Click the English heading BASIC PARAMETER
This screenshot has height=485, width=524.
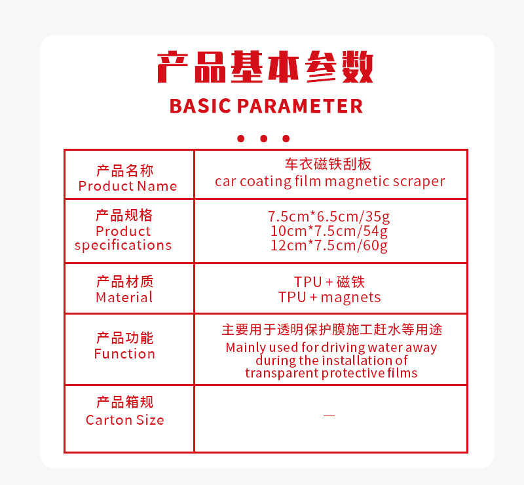click(266, 106)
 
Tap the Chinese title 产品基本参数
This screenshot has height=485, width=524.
click(265, 67)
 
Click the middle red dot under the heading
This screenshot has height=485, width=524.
click(264, 138)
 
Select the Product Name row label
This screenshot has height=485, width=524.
click(127, 186)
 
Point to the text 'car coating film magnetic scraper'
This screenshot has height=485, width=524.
click(330, 182)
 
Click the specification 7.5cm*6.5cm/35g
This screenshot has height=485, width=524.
click(329, 217)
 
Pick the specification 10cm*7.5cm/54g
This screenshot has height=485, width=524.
click(329, 231)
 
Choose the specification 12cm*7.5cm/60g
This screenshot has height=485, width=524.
click(329, 246)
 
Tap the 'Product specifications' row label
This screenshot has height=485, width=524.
click(123, 238)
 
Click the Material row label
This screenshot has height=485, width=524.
click(124, 298)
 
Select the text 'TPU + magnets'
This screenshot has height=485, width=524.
click(329, 298)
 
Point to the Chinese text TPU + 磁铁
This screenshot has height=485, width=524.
click(329, 282)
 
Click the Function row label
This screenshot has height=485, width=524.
click(124, 354)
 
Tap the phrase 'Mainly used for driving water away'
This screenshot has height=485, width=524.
click(331, 347)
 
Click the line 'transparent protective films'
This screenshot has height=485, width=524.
click(331, 373)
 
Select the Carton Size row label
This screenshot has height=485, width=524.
click(125, 420)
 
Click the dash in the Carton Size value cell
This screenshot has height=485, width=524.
click(329, 416)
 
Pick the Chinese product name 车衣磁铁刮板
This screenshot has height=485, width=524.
click(328, 165)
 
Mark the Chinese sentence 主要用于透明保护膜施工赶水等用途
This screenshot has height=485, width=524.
click(332, 330)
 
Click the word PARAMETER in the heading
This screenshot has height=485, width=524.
click(300, 106)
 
